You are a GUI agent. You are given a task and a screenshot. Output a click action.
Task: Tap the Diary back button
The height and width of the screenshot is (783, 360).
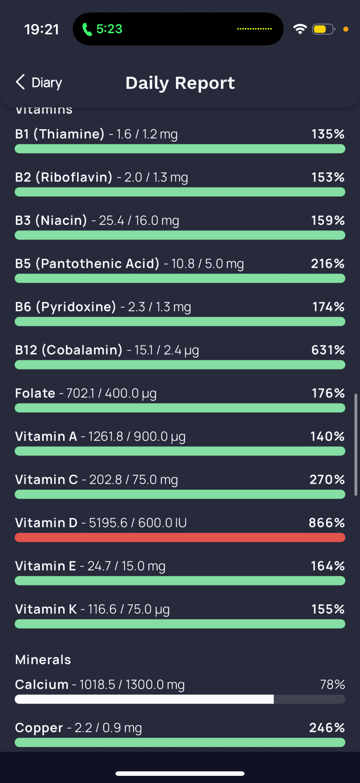tap(39, 82)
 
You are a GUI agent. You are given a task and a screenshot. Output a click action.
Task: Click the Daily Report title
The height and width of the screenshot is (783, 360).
tap(180, 83)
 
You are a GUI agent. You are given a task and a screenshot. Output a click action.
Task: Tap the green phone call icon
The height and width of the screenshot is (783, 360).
tap(87, 30)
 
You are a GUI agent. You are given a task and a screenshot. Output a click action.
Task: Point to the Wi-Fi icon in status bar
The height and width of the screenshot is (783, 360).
tap(300, 29)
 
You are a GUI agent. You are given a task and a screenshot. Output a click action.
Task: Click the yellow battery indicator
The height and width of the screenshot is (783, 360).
tap(323, 29)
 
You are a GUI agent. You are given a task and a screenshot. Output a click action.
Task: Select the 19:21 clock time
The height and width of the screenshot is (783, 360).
tap(41, 30)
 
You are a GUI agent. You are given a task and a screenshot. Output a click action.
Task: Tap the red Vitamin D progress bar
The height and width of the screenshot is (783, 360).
tap(180, 538)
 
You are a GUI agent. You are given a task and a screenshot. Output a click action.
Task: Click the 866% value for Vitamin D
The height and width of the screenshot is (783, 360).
tap(327, 523)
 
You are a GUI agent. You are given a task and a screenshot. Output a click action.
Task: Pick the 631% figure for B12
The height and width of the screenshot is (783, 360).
tap(328, 350)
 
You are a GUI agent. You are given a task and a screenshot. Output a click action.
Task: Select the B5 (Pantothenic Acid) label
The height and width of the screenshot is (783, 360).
tap(87, 263)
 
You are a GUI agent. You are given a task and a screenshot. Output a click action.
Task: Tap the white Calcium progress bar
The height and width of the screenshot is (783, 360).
tap(144, 699)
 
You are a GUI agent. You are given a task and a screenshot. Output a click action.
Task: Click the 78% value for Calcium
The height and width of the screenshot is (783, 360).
tap(332, 684)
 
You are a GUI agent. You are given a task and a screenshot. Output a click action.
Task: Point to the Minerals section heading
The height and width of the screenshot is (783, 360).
tap(43, 660)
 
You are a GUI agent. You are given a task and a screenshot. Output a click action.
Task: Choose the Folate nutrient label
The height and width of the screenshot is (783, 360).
tap(35, 393)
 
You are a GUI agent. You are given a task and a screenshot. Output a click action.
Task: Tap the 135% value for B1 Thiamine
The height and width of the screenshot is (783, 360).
tap(328, 134)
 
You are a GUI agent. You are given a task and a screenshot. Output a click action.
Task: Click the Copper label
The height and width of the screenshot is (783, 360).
tap(39, 728)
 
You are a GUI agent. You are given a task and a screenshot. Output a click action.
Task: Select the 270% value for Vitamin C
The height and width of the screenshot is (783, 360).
tap(327, 480)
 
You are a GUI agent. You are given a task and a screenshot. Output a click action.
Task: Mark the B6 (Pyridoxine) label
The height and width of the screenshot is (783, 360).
tap(66, 307)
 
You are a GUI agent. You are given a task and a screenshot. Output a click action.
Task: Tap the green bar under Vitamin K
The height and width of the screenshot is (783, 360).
tap(180, 624)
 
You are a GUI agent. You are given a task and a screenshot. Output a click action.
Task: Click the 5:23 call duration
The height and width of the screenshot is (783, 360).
tap(109, 29)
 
